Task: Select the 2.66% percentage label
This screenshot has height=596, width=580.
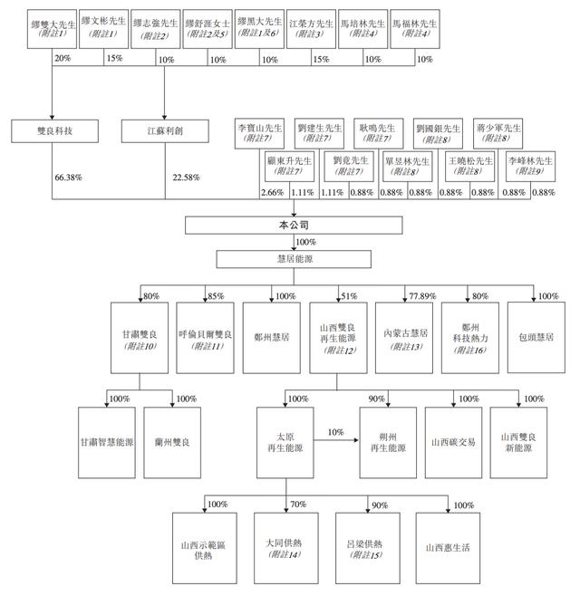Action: pyautogui.click(x=272, y=193)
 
